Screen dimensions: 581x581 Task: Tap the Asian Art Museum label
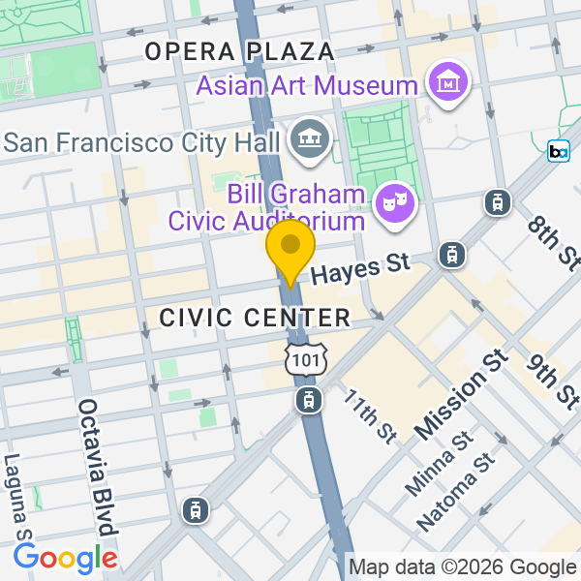point(307,85)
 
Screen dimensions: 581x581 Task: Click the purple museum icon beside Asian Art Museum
point(449,84)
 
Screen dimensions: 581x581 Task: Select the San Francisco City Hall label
point(142,143)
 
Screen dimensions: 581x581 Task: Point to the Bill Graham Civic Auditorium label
point(268,207)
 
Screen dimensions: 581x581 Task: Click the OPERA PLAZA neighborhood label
point(239,51)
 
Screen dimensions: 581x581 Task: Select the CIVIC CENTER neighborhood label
point(255,317)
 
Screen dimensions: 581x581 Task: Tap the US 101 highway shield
point(307,358)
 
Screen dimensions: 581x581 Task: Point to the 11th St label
point(370,415)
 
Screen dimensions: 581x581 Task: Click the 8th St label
point(554,242)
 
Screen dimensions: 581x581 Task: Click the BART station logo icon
point(559,151)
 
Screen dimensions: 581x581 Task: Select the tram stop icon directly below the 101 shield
point(308,398)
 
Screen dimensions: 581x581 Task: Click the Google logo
point(65,558)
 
